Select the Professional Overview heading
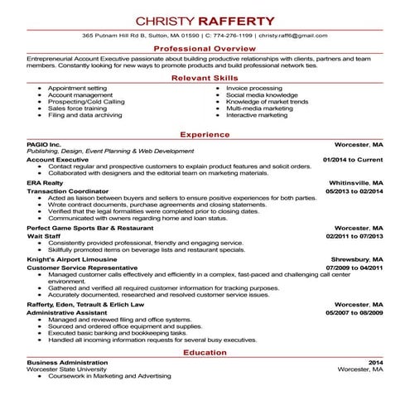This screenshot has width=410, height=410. pyautogui.click(x=205, y=50)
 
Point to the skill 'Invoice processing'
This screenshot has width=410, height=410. pyautogui.click(x=254, y=88)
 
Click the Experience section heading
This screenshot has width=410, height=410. pyautogui.click(x=205, y=134)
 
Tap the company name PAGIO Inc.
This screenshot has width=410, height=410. pyautogui.click(x=44, y=144)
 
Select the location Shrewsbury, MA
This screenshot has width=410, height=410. pyautogui.click(x=357, y=259)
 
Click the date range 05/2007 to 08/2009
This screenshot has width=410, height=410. pyautogui.click(x=353, y=312)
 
